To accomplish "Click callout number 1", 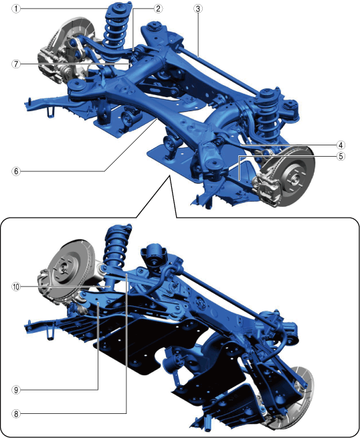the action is [x=16, y=9].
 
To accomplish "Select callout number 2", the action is [x=158, y=9].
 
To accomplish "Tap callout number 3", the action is [x=197, y=9].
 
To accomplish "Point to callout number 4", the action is [x=341, y=145].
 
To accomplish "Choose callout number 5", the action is [x=341, y=156].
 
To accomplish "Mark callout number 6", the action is [x=16, y=171].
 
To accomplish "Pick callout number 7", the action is [x=16, y=64].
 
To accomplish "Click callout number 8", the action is [x=16, y=413].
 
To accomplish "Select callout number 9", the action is [x=16, y=390].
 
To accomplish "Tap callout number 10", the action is [x=16, y=287].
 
